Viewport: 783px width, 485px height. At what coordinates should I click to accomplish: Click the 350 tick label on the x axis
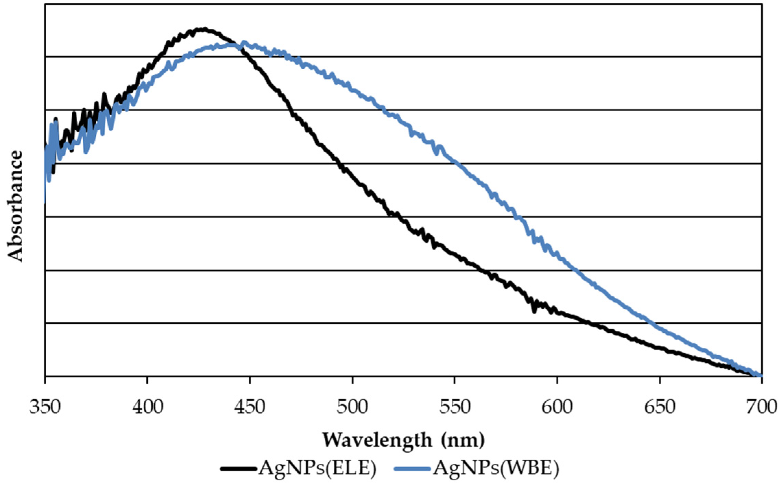click(45, 407)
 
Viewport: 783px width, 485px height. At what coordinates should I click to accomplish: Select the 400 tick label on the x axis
click(147, 407)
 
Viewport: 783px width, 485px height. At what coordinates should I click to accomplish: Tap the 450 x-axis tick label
click(250, 407)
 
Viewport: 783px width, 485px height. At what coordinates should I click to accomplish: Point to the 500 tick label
click(352, 407)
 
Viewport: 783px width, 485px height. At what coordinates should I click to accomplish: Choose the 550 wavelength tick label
click(455, 407)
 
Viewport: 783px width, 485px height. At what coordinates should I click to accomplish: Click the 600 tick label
click(557, 407)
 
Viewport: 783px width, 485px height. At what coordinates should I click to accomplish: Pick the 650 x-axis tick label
click(660, 407)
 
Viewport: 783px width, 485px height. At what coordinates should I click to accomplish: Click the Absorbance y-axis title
click(15, 206)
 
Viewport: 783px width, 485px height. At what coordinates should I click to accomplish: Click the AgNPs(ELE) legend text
click(317, 468)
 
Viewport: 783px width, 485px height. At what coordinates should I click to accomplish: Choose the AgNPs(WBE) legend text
click(496, 468)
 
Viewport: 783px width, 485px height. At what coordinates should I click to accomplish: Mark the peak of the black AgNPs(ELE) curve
click(205, 29)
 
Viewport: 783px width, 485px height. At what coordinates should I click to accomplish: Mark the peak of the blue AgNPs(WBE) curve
click(244, 43)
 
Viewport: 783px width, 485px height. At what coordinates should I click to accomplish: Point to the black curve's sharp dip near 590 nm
click(534, 311)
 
